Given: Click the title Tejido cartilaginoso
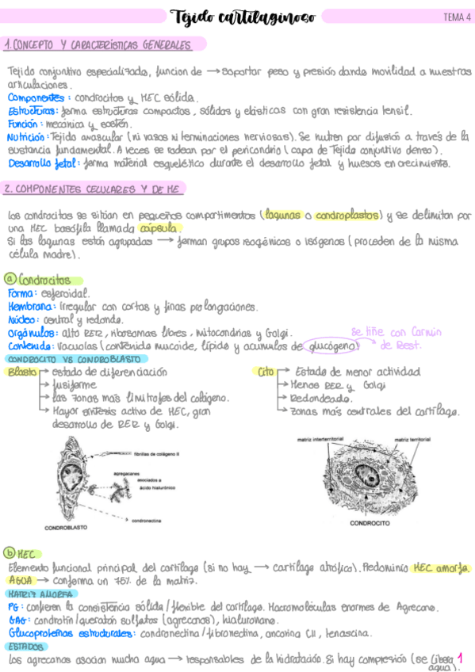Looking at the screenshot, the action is point(243,17).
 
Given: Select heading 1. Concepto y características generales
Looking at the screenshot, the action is point(103,44).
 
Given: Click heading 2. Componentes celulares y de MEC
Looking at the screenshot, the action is point(94,189).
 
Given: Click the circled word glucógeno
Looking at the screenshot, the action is point(333,346).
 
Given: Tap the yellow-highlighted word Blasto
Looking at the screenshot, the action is point(21,372).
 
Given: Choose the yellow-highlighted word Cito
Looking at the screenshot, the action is point(266,372).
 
